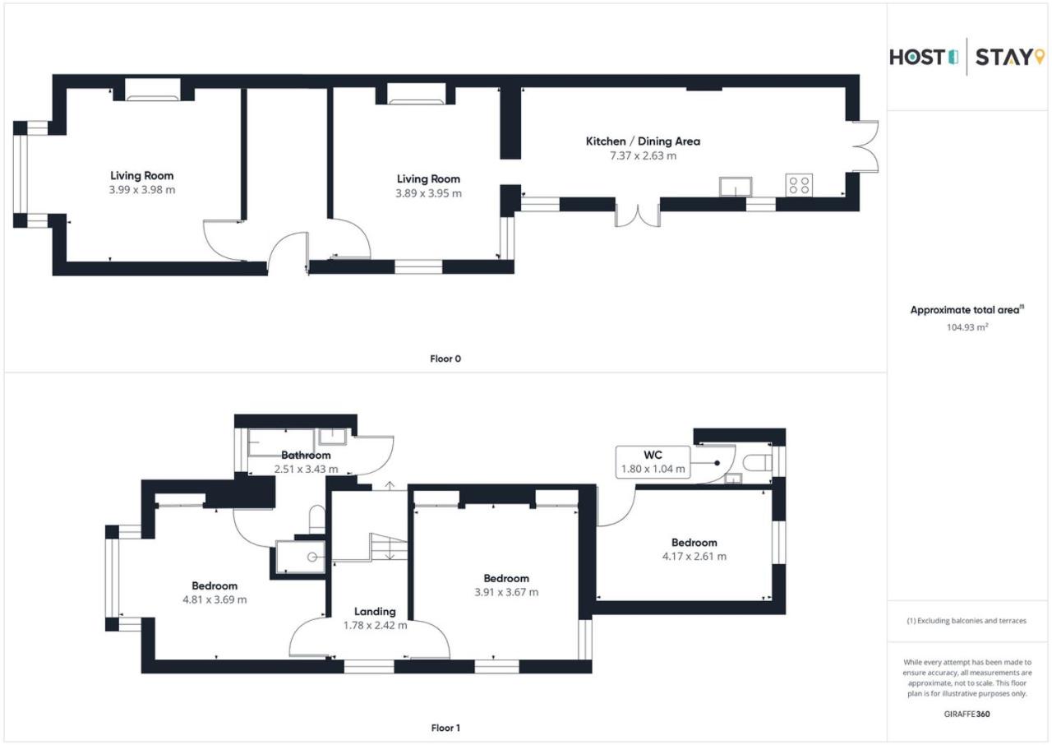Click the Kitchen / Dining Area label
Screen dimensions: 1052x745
(643, 141)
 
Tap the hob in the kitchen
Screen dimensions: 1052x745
(799, 185)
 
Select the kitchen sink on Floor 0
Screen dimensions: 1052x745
(736, 187)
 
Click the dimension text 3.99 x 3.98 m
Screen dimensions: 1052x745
(142, 190)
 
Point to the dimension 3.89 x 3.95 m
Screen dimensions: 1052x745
(428, 193)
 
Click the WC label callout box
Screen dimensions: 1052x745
(653, 462)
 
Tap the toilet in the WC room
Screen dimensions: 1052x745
(757, 463)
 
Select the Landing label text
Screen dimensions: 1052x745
(375, 611)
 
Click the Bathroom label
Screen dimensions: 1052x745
(306, 455)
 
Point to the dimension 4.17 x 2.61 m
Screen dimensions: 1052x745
(694, 556)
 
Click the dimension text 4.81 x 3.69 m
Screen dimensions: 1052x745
(215, 599)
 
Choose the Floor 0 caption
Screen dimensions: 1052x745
(445, 359)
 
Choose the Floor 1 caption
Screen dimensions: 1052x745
(445, 728)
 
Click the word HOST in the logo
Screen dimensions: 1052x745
(916, 58)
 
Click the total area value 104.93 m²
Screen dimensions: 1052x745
(967, 327)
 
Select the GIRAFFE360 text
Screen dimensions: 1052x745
(967, 714)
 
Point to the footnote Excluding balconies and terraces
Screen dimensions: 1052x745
(967, 621)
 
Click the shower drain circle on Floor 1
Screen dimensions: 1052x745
(311, 558)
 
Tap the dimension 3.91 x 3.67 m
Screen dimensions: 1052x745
(506, 592)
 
